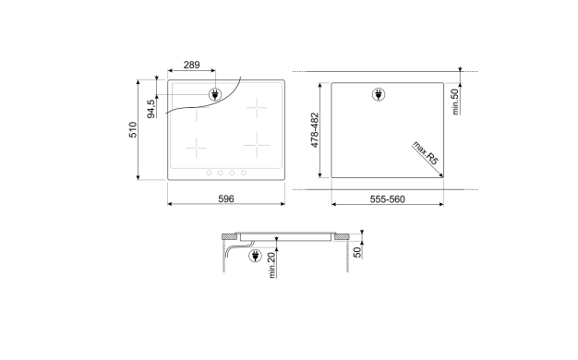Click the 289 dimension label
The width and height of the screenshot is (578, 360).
tap(192, 65)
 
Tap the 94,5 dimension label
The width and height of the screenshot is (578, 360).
tap(151, 109)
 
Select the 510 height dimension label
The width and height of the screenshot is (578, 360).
tap(133, 130)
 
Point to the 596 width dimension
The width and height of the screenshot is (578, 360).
tap(226, 199)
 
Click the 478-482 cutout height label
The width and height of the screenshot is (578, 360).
tap(315, 130)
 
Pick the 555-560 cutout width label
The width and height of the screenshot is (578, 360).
tap(388, 199)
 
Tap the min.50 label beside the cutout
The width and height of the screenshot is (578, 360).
tap(455, 102)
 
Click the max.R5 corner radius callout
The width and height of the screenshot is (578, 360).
tap(426, 152)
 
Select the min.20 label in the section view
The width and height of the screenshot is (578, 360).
tap(272, 265)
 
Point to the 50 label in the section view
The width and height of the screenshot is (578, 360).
tap(357, 252)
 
